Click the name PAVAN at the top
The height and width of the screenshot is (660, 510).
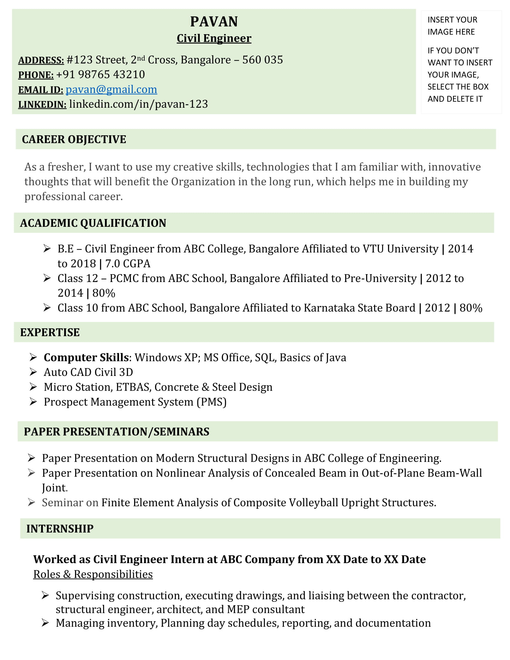point(214,22)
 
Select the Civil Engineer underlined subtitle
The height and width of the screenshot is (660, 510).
point(214,38)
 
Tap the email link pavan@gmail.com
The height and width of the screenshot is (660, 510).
point(111,89)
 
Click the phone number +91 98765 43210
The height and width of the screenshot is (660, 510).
point(100,75)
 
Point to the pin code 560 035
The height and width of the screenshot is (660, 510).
point(262,60)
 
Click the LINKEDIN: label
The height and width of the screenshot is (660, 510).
point(42,105)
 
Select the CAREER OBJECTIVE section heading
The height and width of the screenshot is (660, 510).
point(74,139)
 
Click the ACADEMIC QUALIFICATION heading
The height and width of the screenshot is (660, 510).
point(93,223)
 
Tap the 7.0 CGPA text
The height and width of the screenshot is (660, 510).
point(127,263)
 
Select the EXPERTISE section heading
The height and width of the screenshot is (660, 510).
point(50,332)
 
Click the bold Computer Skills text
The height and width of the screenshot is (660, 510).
point(86,358)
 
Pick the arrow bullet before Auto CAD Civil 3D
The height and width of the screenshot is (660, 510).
point(33,372)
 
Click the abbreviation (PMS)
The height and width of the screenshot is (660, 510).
point(211,402)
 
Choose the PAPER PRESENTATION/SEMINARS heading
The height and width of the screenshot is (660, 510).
point(116,431)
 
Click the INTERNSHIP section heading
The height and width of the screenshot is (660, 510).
point(60,529)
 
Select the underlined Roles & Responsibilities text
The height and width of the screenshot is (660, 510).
point(93,574)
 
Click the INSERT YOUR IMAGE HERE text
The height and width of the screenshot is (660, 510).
point(452,26)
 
